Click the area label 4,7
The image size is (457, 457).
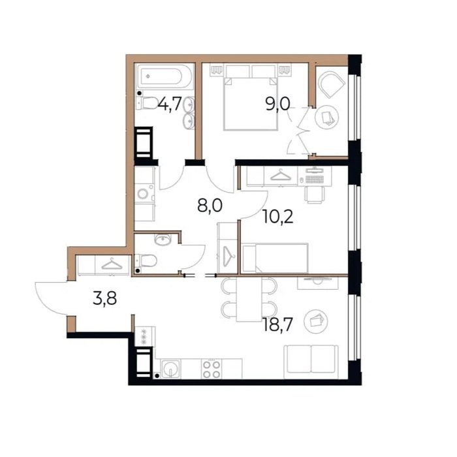170,104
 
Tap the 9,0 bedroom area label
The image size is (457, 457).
277,104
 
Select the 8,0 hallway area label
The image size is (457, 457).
210,205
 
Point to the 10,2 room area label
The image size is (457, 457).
277,217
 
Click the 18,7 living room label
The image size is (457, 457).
277,324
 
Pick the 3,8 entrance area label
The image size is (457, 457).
105,298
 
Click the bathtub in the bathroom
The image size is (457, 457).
165,76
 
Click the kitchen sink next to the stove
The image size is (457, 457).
170,370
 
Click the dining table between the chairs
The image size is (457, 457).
249,299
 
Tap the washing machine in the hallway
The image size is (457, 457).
144,194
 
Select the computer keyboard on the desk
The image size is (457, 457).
315,179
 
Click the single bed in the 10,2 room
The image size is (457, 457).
275,259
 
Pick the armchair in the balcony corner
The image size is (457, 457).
331,84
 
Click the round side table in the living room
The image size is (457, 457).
315,321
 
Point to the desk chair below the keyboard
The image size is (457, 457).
315,195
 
